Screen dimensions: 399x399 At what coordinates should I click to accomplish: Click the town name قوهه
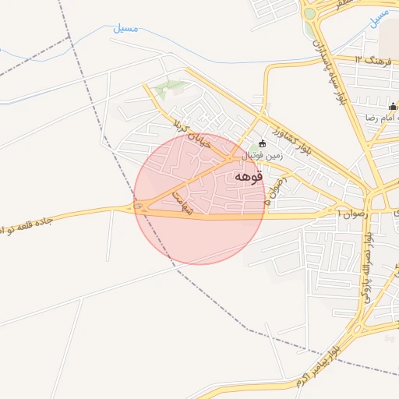point(248,177)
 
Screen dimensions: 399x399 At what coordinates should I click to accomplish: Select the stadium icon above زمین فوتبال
point(262,143)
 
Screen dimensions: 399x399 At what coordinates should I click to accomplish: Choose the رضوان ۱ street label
point(353,211)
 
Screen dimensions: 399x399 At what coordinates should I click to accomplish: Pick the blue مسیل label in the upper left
point(125,29)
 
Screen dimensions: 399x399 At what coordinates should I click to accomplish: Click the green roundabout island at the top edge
point(310,14)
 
